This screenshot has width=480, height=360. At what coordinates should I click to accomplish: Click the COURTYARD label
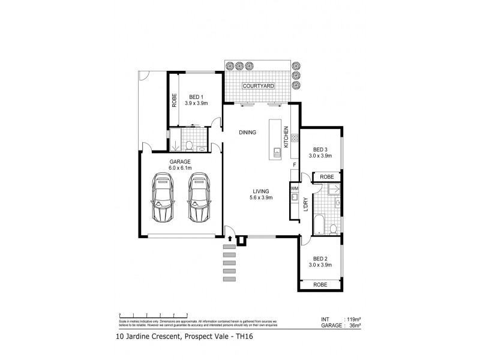click(258, 86)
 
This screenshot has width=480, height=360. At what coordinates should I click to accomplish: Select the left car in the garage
click(163, 198)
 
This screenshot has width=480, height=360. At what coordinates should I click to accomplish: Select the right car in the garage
click(199, 198)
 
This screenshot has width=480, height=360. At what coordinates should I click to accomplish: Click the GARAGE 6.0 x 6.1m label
click(179, 165)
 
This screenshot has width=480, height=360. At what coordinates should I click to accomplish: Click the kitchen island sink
click(277, 152)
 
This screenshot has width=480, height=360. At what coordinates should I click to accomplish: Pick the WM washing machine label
click(294, 188)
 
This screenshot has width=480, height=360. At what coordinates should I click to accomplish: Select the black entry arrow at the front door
click(230, 239)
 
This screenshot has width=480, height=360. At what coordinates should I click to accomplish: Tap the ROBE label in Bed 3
click(326, 177)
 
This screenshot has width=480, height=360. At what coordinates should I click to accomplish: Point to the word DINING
click(247, 133)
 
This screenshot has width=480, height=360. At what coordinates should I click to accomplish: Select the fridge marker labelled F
click(294, 164)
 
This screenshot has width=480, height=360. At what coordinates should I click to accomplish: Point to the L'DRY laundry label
click(306, 205)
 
